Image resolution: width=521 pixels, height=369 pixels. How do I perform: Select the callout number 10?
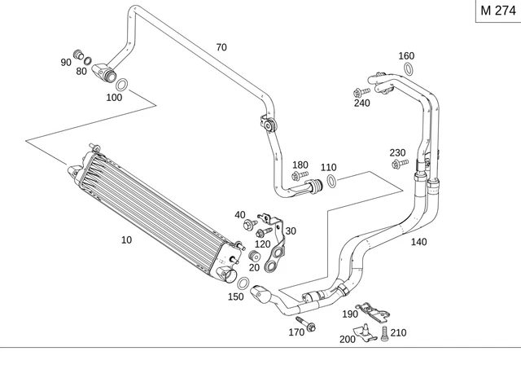(125, 239)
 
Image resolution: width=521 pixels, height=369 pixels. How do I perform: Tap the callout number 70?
(221, 46)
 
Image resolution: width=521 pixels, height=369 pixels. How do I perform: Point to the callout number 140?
(418, 242)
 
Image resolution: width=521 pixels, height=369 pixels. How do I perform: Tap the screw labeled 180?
(300, 176)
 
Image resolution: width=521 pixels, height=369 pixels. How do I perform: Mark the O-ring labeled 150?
(243, 282)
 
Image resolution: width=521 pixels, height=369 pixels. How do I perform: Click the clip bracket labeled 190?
(374, 307)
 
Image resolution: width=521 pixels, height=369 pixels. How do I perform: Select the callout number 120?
(262, 244)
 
